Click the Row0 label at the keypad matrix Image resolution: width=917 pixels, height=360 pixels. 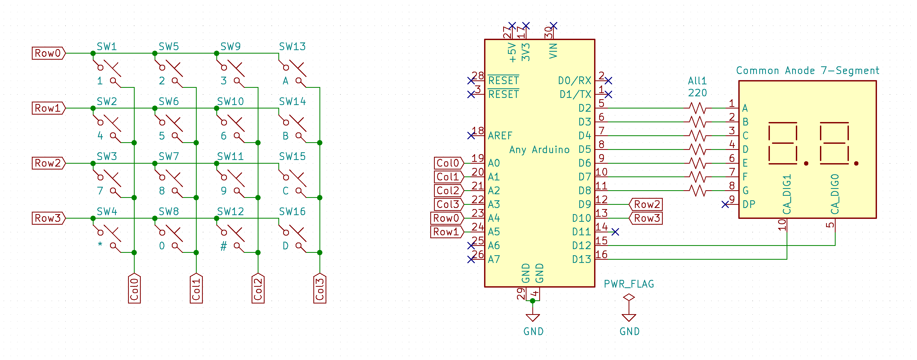tap(48, 53)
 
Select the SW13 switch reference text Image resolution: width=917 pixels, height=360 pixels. tap(292, 47)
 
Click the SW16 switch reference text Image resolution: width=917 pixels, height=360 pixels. tap(292, 211)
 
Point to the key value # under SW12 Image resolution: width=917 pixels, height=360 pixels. tap(223, 246)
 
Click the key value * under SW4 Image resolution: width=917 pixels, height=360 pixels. tap(100, 245)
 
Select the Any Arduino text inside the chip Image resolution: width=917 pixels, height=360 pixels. tap(539, 150)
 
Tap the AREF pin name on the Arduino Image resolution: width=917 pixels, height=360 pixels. tap(500, 136)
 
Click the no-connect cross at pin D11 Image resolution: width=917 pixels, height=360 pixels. tap(615, 232)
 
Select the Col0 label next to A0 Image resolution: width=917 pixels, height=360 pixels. tap(448, 163)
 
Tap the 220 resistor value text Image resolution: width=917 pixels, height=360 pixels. tap(697, 93)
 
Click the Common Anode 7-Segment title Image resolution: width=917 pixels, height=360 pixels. tap(807, 71)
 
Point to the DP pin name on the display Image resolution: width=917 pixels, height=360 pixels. tap(749, 204)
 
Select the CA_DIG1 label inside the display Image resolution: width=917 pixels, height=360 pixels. tap(787, 194)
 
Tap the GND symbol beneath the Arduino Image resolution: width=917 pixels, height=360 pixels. tap(533, 318)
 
